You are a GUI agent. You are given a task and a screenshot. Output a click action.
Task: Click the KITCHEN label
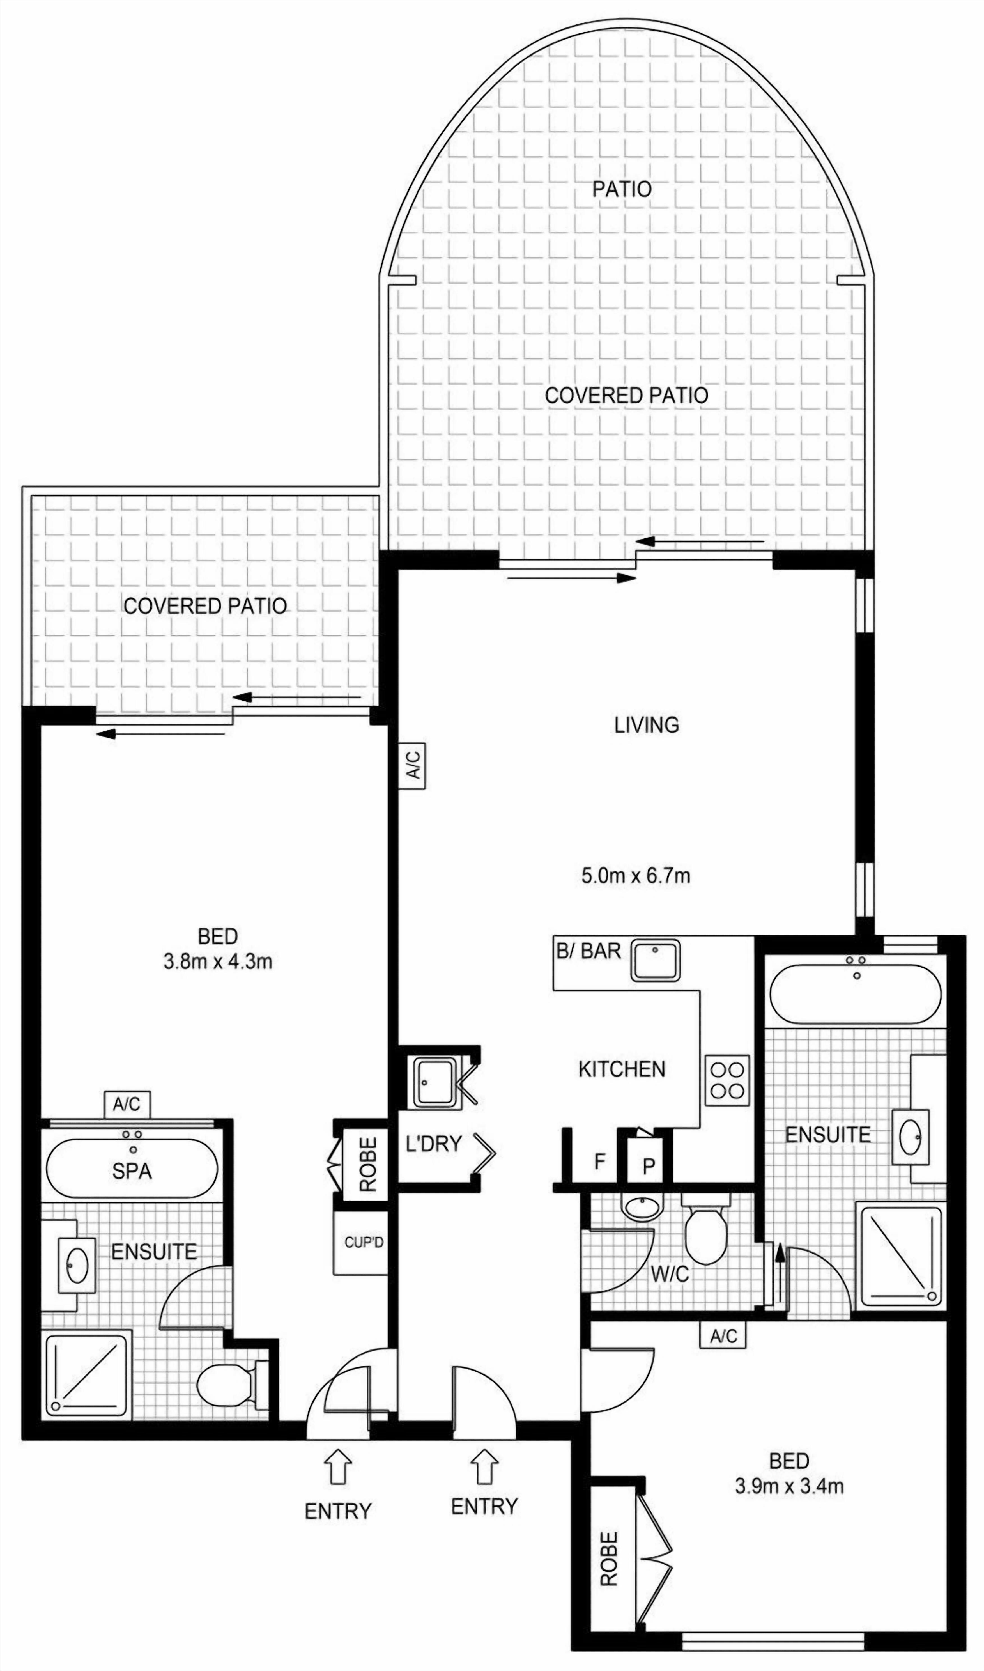point(622,1069)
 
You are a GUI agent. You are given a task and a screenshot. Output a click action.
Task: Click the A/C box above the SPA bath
point(127,1104)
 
